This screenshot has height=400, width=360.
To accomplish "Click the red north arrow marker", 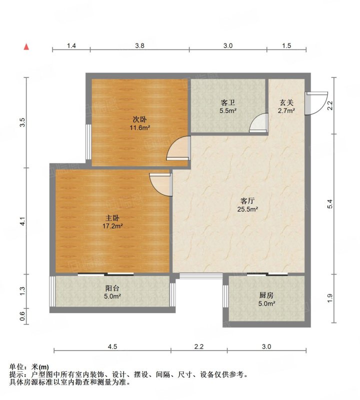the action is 26,46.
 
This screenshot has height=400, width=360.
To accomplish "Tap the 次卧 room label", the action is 139,119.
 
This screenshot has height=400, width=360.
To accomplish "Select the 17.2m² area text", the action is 112,226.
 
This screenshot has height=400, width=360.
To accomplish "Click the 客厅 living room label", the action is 247,201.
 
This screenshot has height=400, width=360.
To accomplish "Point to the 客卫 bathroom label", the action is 227,103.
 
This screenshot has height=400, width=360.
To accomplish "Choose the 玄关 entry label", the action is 286,103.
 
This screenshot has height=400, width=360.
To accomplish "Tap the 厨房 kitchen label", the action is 266,295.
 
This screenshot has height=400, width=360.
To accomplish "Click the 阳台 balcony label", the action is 112,288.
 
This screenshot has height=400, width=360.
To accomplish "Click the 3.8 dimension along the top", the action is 139,45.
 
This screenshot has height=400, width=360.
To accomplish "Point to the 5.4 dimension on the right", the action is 330,204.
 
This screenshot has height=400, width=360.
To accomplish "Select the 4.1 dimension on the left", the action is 22,221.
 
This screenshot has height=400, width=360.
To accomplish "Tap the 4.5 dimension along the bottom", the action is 112,346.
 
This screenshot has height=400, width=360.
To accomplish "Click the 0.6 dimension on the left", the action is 22,316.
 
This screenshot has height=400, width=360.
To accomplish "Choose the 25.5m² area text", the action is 247,209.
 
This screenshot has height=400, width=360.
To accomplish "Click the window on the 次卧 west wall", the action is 88,142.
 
